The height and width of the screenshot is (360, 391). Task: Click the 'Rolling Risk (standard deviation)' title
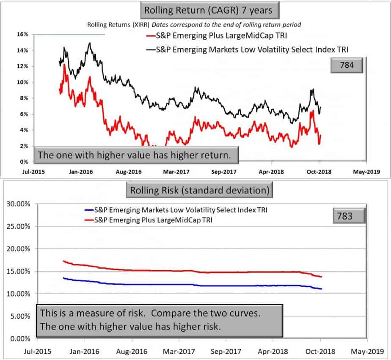(x=198, y=190)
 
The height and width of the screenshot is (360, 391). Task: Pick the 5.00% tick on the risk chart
(x=20, y=316)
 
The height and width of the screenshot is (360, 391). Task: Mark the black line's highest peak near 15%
(x=89, y=43)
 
